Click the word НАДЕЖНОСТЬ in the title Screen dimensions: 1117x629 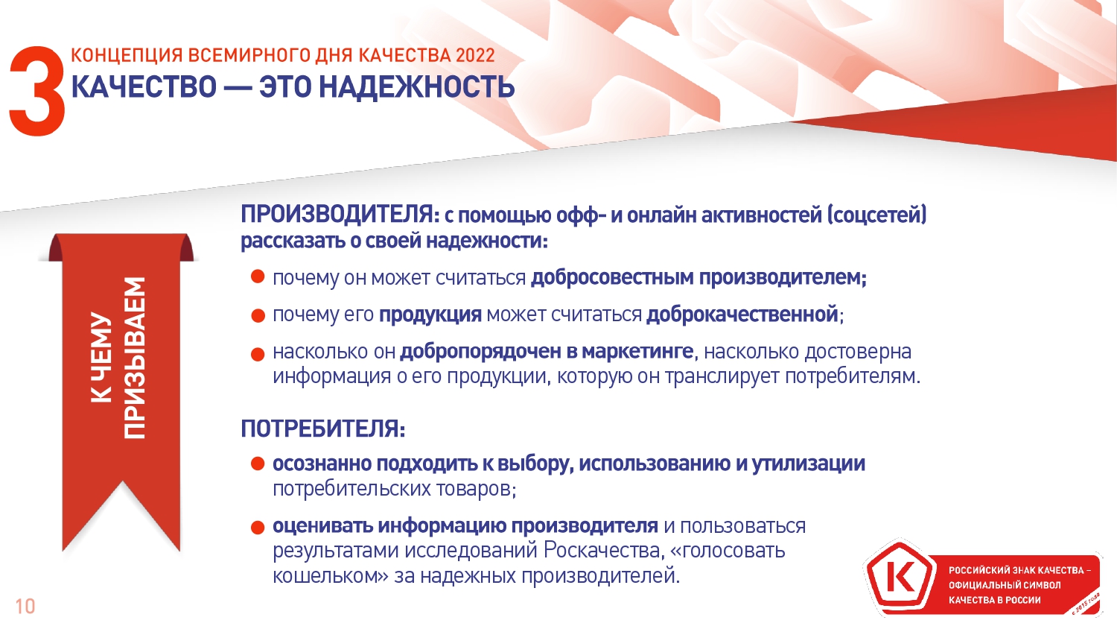[x=417, y=86]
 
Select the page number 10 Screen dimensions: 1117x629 [x=25, y=607]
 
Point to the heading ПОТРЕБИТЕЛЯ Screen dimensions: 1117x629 [x=322, y=429]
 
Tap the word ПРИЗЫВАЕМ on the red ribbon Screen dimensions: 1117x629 [x=134, y=358]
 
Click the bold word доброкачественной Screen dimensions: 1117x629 [x=742, y=314]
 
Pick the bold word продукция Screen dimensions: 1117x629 [x=430, y=315]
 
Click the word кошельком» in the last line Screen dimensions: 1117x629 [x=330, y=575]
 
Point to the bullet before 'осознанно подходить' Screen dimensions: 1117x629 [x=258, y=464]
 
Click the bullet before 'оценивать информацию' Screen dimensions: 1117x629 [x=258, y=527]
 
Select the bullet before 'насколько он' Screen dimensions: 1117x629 [x=258, y=355]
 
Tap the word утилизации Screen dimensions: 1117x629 [x=808, y=464]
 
